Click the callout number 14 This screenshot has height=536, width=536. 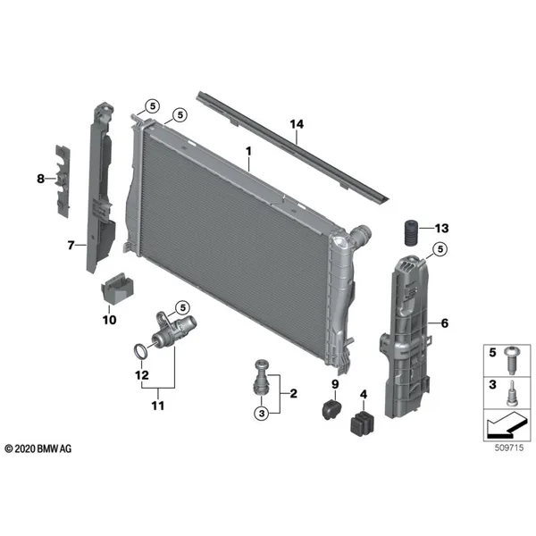[x=297, y=124]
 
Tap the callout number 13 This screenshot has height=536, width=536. [x=441, y=228]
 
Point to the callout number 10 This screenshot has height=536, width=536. [x=109, y=320]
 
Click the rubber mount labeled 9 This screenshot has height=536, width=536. [x=332, y=408]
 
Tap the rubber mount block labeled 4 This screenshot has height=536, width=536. [x=363, y=423]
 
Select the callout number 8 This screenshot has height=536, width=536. [x=41, y=179]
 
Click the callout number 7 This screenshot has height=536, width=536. [x=71, y=245]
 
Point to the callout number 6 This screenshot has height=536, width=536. [x=444, y=323]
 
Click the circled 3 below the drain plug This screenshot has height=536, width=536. [x=262, y=414]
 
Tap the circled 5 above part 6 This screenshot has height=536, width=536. [x=440, y=249]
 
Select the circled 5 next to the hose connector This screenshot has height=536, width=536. [x=182, y=308]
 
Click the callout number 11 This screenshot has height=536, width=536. [x=158, y=406]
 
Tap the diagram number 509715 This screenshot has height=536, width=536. [x=509, y=448]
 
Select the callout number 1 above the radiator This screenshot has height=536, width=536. [x=248, y=151]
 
